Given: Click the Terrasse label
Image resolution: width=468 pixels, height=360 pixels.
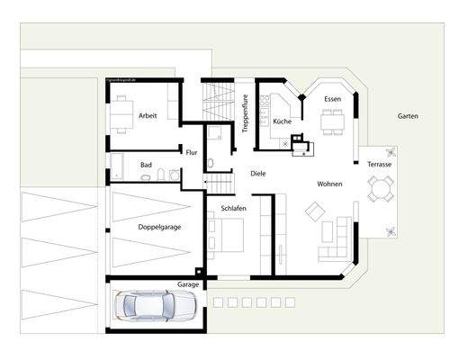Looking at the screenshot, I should point(379,164).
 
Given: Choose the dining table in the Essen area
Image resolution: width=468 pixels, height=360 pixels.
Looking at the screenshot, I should point(333,119).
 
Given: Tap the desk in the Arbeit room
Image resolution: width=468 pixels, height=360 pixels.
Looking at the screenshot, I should point(121,115).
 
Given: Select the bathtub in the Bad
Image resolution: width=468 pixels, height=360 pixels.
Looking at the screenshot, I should point(119,165).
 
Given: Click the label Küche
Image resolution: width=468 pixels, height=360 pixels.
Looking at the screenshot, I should point(281,120).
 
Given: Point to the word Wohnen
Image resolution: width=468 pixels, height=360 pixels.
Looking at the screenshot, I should point(330,184).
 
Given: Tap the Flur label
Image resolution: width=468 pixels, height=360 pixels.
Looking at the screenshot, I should point(191,152).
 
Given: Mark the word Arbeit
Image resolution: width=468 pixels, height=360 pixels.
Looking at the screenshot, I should point(148,115).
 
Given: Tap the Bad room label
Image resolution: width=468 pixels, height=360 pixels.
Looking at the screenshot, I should point(146,166).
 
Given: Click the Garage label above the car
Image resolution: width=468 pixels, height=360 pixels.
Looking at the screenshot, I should point(188,283).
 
